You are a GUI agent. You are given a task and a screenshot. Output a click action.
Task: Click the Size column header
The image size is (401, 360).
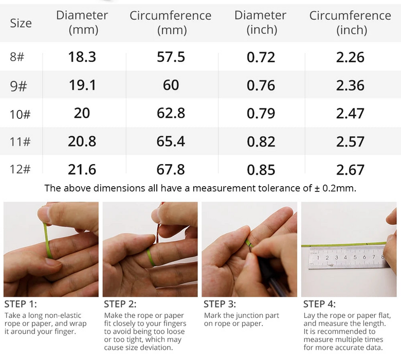[x=21, y=23]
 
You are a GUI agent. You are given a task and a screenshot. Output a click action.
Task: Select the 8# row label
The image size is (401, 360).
[x=17, y=57]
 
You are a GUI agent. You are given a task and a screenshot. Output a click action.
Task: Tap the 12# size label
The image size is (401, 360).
[x=20, y=169]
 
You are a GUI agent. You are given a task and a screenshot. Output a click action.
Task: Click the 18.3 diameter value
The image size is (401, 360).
[x=82, y=57]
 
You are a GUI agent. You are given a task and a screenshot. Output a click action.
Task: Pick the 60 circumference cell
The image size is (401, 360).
[x=171, y=84]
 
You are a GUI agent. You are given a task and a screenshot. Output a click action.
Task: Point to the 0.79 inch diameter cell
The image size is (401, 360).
[x=261, y=113]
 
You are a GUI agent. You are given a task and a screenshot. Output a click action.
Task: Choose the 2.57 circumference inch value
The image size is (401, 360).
[x=350, y=141]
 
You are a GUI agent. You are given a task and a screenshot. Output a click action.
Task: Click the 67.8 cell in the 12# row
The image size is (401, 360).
[x=171, y=169]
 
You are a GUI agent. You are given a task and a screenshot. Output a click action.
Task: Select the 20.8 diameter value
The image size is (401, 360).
[x=82, y=141]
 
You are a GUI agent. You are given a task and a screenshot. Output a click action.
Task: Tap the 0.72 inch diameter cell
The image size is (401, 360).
[x=261, y=57]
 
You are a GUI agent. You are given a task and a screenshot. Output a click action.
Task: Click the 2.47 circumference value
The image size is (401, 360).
[x=350, y=113]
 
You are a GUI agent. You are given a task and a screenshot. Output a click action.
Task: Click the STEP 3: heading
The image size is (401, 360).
[x=220, y=304]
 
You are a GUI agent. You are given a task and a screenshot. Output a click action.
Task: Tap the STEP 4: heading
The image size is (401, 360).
[x=319, y=304]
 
